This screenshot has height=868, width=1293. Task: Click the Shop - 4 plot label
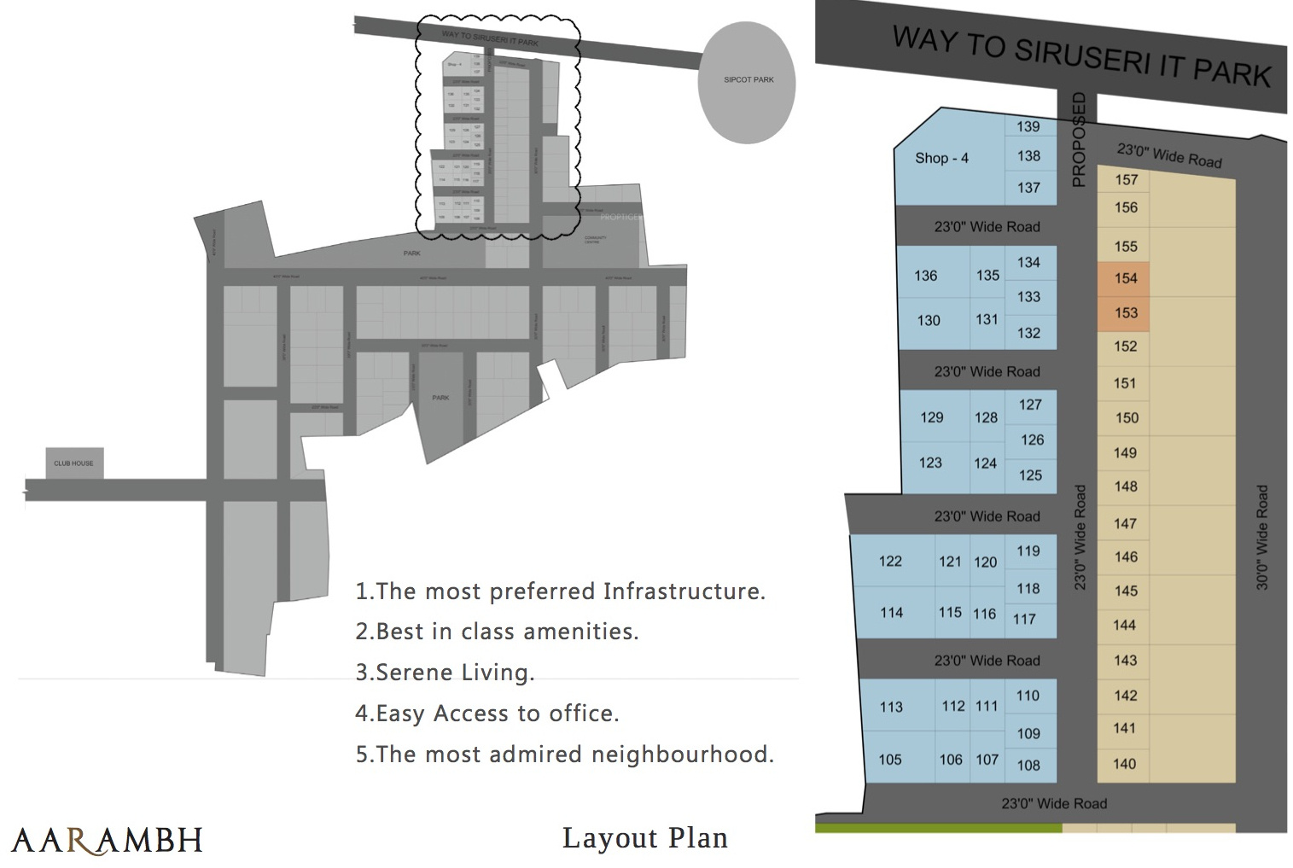tap(941, 158)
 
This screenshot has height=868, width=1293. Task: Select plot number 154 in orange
tap(1126, 278)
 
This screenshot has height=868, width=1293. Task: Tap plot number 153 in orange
tap(1126, 313)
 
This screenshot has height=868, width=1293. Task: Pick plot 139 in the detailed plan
tap(1028, 126)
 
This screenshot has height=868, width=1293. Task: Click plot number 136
tap(926, 276)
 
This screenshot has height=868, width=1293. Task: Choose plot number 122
tap(890, 561)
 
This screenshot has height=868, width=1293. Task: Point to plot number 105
tap(890, 760)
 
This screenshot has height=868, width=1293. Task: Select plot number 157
tap(1126, 179)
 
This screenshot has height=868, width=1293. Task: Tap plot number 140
tap(1125, 764)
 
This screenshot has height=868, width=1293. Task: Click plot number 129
tap(932, 417)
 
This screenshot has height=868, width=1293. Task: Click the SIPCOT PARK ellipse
tap(748, 80)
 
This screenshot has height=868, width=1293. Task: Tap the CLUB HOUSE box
tap(74, 463)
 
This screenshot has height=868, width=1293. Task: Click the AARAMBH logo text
tap(108, 839)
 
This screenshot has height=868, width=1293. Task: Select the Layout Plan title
tap(645, 838)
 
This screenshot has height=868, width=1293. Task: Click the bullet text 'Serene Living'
tap(454, 673)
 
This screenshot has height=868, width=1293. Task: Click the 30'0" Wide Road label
tap(1262, 538)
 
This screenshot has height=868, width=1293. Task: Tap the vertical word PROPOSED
tap(1079, 140)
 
